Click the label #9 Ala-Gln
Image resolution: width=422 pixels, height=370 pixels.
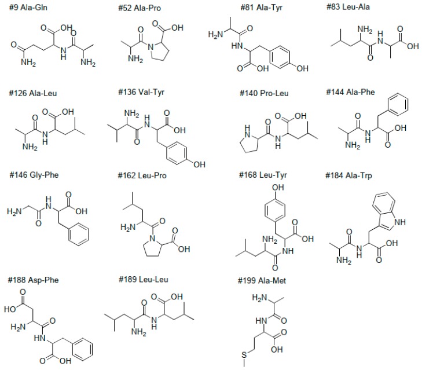pos(31,9)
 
